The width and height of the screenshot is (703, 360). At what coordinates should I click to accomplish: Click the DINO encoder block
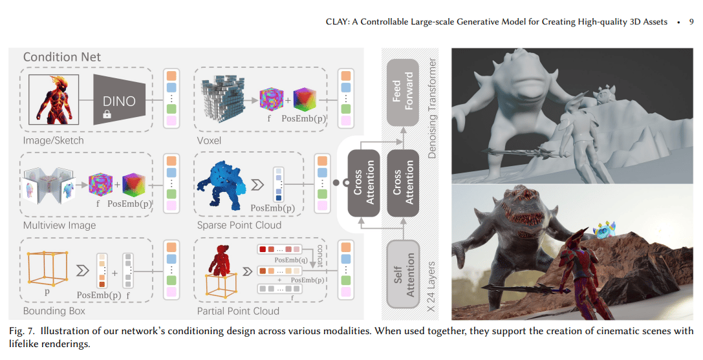(119, 100)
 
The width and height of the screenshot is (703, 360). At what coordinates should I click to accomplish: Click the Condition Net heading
(62, 57)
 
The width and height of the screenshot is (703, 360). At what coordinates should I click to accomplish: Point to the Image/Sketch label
(54, 140)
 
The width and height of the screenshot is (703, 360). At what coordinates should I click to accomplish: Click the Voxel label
(209, 140)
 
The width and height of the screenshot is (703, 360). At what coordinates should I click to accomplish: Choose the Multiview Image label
(59, 226)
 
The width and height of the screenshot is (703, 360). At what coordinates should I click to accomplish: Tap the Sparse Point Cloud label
(239, 226)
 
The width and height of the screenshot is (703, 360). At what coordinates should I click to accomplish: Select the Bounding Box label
(54, 311)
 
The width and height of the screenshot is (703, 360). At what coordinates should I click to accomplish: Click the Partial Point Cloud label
(238, 311)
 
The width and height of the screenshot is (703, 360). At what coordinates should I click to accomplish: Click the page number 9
(691, 21)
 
